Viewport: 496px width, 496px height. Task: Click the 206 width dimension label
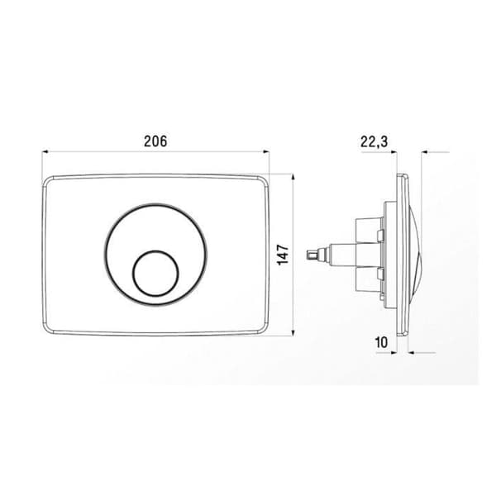(155, 141)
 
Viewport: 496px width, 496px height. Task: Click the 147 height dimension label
(284, 255)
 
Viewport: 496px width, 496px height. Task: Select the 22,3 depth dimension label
(374, 142)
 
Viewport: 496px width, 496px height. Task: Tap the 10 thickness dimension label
(381, 342)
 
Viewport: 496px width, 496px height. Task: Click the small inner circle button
(155, 274)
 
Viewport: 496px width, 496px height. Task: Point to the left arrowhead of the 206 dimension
(45, 152)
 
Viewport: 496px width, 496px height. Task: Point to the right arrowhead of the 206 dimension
(266, 152)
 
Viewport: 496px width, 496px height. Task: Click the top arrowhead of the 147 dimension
(293, 177)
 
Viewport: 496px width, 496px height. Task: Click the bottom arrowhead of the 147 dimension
(293, 332)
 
